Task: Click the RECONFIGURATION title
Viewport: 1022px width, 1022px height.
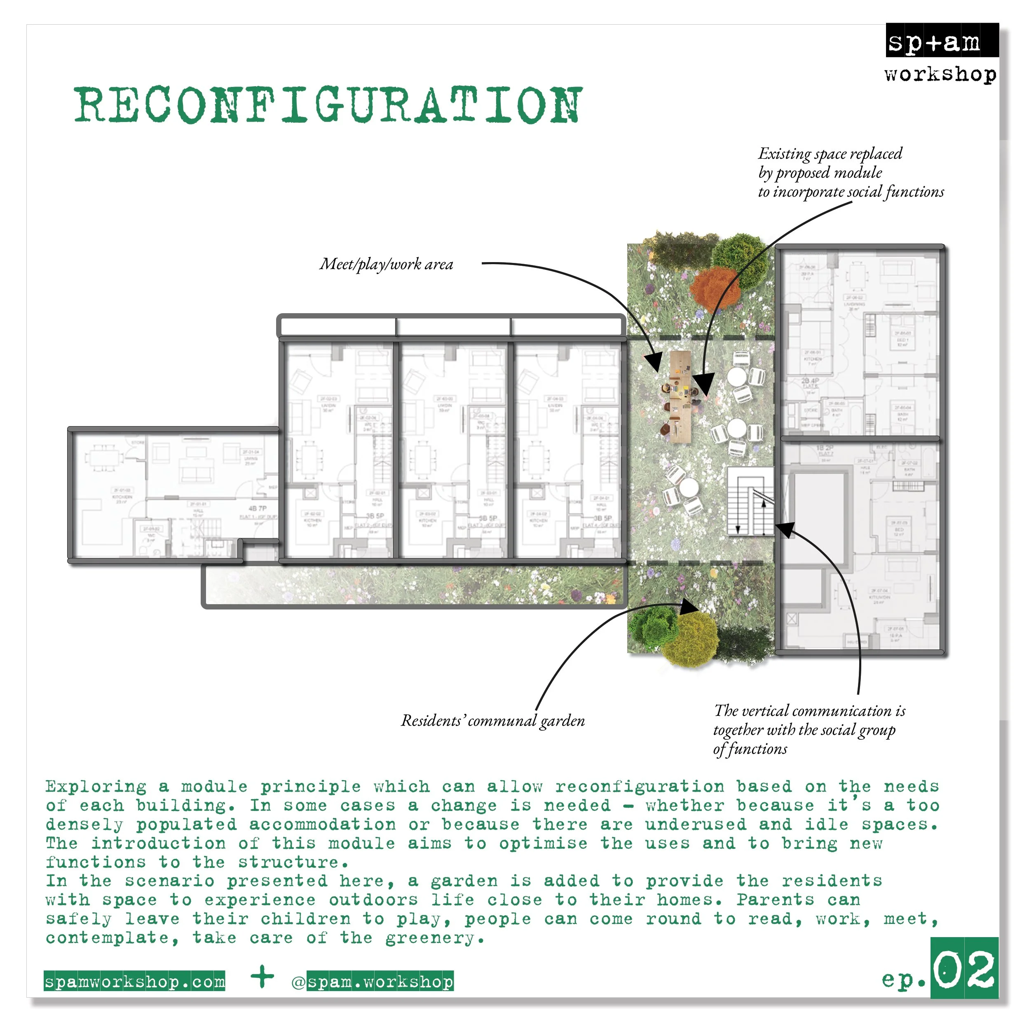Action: click(x=328, y=105)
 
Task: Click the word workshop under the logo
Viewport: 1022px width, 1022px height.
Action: click(x=940, y=74)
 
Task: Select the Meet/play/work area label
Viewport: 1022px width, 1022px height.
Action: click(x=386, y=264)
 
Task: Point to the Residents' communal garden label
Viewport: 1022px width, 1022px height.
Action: click(x=492, y=720)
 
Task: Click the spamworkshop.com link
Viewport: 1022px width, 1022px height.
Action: click(x=134, y=982)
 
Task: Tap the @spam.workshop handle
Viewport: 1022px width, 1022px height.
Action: click(x=373, y=982)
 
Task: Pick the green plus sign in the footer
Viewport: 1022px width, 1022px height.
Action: click(x=263, y=977)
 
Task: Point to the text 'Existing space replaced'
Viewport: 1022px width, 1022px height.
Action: click(x=830, y=154)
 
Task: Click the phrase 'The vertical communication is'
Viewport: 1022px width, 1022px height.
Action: click(x=809, y=710)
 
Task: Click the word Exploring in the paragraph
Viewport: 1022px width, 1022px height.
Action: click(x=96, y=787)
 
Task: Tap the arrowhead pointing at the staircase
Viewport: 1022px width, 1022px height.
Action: click(x=785, y=529)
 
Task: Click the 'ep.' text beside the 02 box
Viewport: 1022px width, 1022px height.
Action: click(x=903, y=979)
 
